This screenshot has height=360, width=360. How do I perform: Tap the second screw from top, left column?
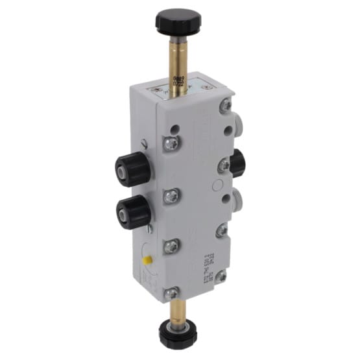click(171, 196)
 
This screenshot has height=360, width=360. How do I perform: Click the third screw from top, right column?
click(222, 230)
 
